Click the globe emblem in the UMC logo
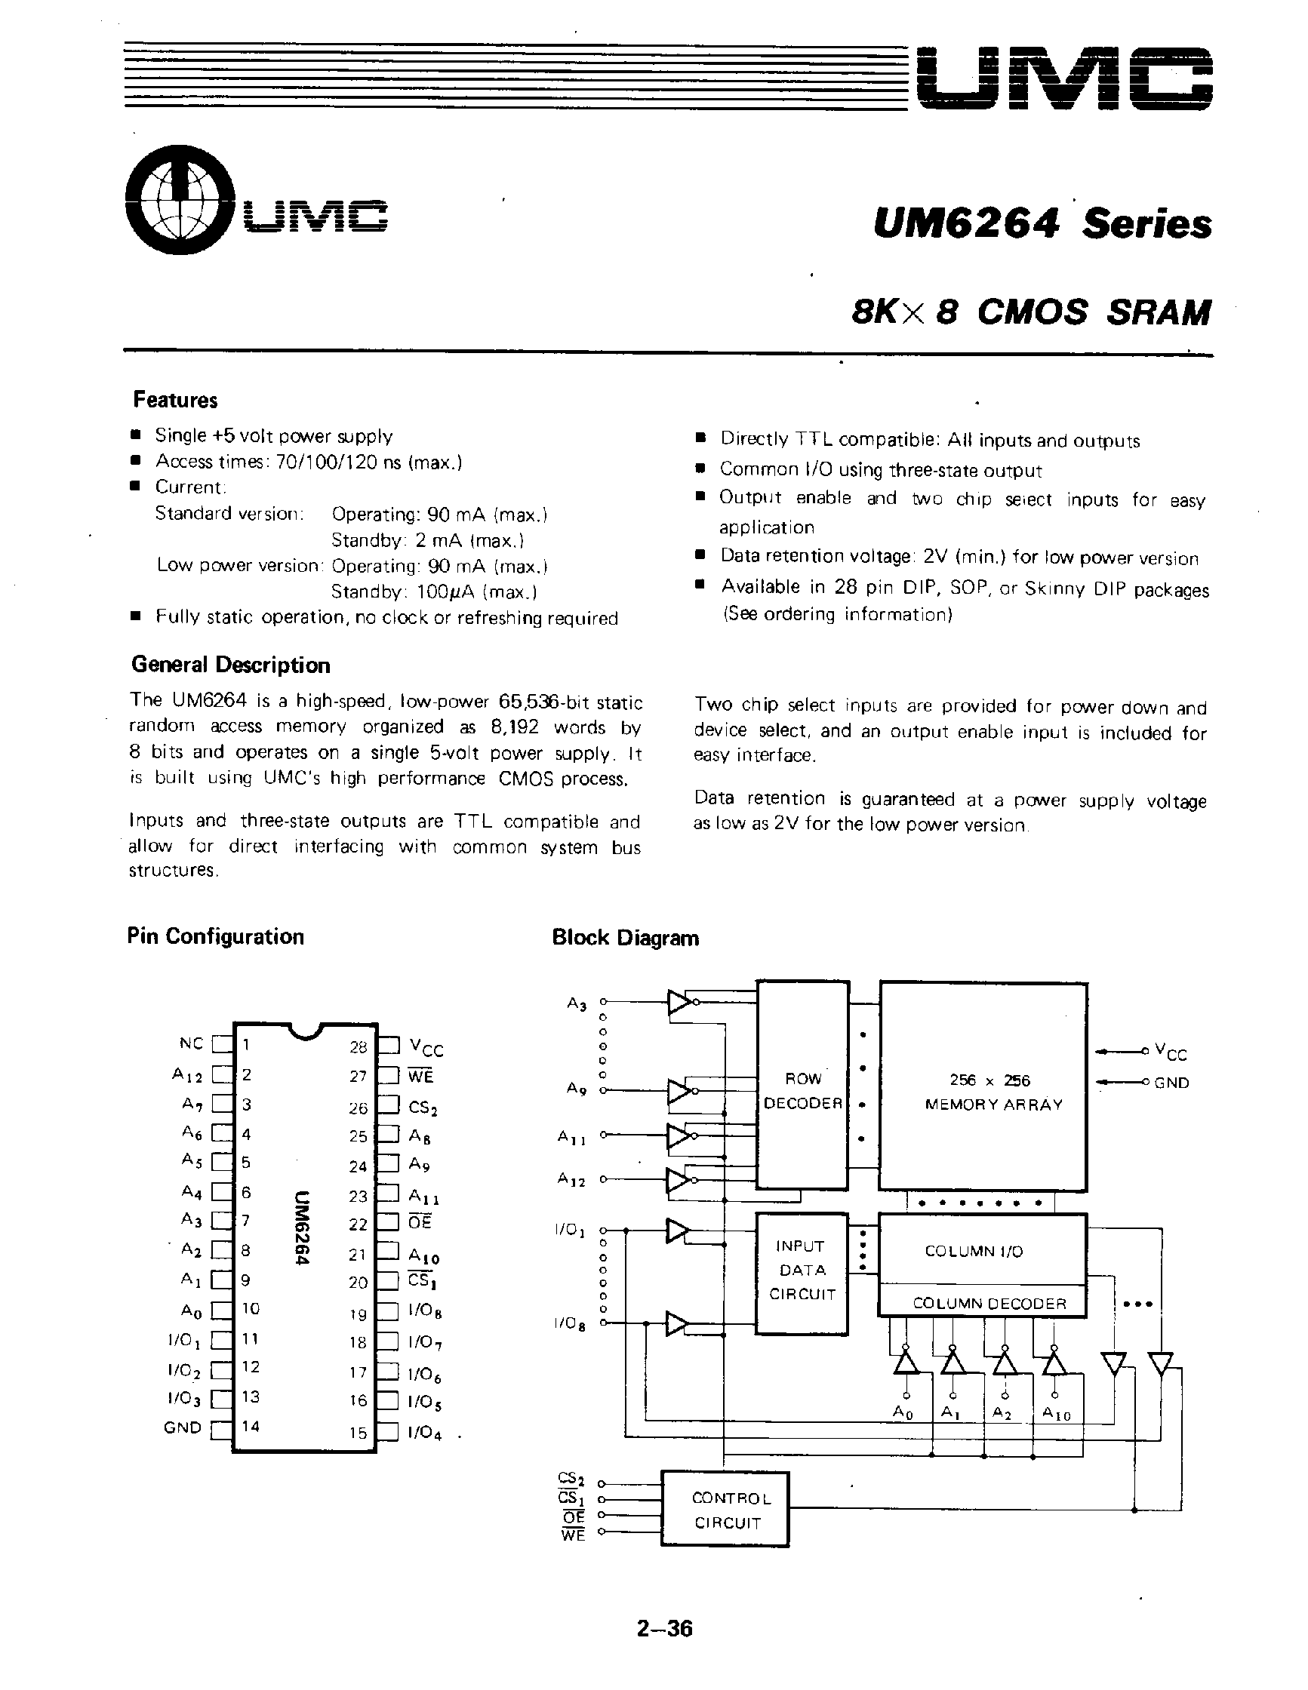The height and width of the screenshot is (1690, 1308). click(x=180, y=200)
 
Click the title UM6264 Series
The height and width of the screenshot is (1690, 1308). click(x=1042, y=224)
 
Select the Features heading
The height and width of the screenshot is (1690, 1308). click(x=175, y=400)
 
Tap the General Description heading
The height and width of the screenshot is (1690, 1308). click(x=231, y=665)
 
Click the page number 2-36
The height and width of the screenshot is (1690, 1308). click(x=664, y=1629)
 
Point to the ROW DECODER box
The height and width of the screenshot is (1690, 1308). click(x=802, y=1090)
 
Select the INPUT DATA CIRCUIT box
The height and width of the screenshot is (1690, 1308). click(x=802, y=1270)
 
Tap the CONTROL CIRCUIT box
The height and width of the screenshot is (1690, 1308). click(x=726, y=1510)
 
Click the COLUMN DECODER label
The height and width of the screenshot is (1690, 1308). click(x=989, y=1304)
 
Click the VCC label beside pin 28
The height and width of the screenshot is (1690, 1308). click(x=426, y=1049)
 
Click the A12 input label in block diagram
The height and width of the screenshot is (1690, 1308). click(x=571, y=1180)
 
